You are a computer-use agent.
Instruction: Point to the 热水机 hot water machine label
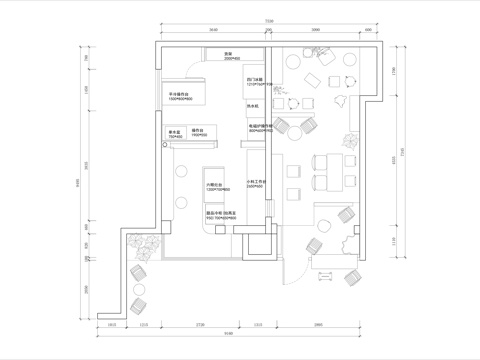tap(253, 104)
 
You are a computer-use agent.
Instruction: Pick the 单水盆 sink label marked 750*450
tap(174, 131)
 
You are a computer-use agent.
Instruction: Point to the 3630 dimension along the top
tap(213, 31)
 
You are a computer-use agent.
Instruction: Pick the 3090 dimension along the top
tap(316, 31)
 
